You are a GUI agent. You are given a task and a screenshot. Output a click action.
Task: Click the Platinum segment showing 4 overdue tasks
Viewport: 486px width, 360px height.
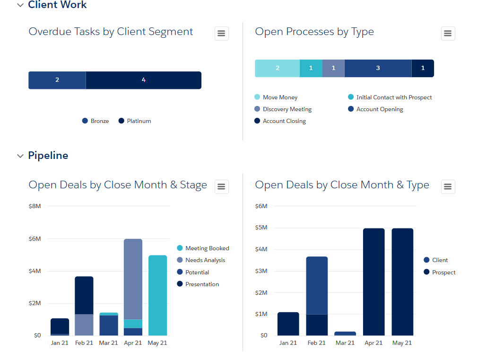(143, 80)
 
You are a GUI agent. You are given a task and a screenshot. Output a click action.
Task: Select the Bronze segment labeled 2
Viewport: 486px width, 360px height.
(57, 80)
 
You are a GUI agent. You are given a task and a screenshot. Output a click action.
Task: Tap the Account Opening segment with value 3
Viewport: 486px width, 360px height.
(378, 68)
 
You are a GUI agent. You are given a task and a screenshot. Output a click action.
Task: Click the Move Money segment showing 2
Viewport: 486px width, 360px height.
(278, 68)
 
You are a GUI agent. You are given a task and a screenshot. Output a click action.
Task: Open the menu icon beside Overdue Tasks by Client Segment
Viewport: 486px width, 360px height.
(221, 34)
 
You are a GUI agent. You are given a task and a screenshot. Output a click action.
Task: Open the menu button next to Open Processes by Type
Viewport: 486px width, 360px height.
(448, 34)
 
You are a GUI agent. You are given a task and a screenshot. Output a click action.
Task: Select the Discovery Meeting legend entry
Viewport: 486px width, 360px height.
(287, 109)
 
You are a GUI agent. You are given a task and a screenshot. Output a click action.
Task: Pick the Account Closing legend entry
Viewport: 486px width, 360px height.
(284, 121)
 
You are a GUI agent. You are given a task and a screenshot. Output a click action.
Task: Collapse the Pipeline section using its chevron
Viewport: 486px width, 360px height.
(20, 156)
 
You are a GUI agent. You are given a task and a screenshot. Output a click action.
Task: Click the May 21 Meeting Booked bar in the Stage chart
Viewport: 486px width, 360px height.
(157, 295)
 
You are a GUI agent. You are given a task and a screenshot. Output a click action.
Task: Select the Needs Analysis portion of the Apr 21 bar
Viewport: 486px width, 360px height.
(133, 279)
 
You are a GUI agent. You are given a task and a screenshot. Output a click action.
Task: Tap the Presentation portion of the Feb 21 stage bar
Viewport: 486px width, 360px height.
(84, 295)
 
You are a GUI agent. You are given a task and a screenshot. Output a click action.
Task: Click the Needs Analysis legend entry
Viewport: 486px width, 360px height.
(205, 260)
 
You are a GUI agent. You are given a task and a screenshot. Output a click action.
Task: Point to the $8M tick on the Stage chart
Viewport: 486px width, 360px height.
(35, 206)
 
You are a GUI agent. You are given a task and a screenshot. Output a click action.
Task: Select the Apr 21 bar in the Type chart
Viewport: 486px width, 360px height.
(373, 282)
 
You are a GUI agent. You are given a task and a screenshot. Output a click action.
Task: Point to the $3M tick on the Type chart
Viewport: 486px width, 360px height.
(261, 271)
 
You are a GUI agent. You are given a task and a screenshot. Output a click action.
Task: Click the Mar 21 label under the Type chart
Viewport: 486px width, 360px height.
(345, 343)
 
